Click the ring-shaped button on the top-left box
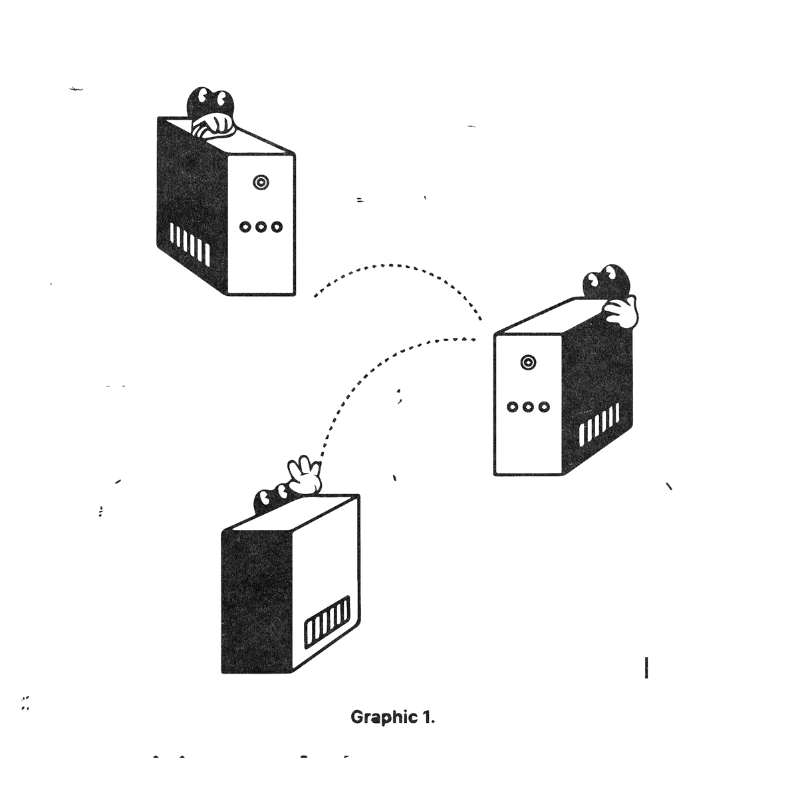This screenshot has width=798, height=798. tap(261, 182)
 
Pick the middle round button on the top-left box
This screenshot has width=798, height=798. tap(261, 227)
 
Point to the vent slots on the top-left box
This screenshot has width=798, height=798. tap(190, 240)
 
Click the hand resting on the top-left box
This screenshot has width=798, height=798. tap(211, 126)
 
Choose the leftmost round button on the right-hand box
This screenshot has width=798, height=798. tap(512, 407)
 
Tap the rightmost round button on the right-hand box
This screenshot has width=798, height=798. tap(545, 407)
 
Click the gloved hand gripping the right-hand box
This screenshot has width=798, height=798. tap(621, 311)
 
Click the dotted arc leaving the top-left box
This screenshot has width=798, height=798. tap(399, 267)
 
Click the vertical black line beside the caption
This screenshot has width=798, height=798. tap(646, 668)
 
